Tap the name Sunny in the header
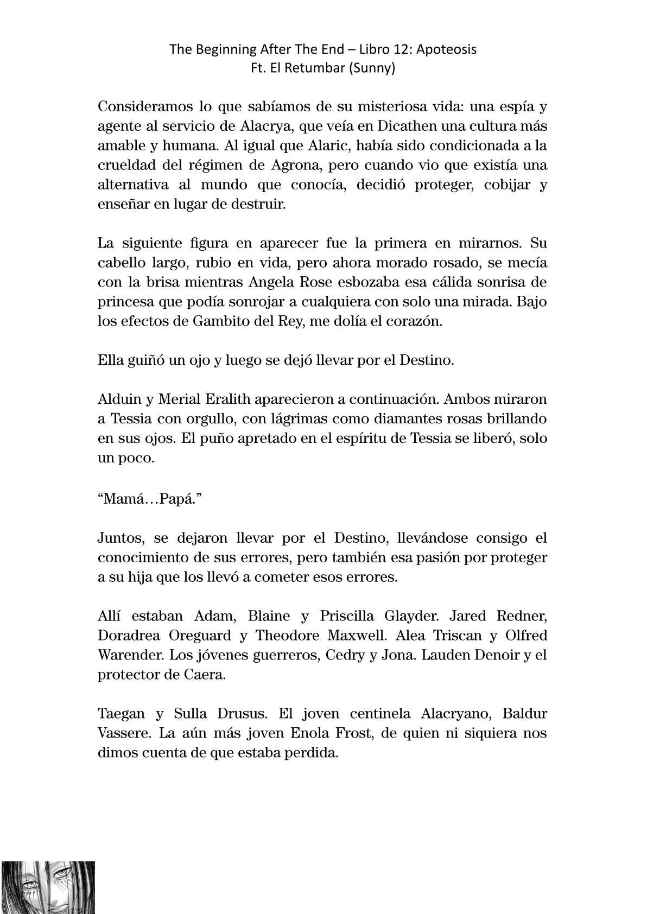(x=375, y=69)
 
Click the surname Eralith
(x=227, y=399)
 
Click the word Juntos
(x=122, y=538)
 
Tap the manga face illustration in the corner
(x=48, y=887)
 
